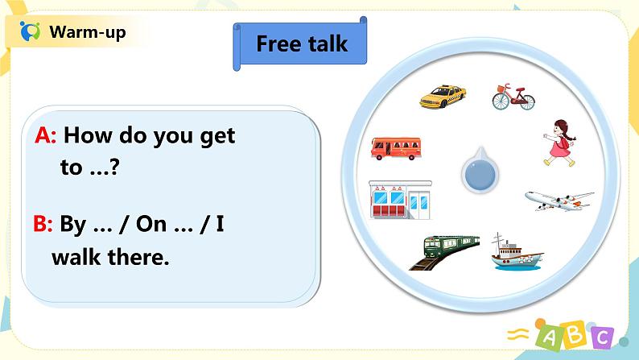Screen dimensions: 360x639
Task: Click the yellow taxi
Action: click(x=442, y=97)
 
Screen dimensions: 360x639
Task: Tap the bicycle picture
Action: click(x=513, y=97)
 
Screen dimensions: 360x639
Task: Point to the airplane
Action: click(x=559, y=200)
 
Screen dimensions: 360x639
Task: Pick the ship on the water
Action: click(x=516, y=254)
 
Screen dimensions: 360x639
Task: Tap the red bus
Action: click(x=396, y=147)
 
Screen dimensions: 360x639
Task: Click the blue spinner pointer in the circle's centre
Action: click(x=481, y=172)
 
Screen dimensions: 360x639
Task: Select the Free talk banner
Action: click(x=301, y=43)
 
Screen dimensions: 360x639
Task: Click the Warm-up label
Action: click(x=87, y=32)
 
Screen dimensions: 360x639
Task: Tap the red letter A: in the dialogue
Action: click(x=45, y=135)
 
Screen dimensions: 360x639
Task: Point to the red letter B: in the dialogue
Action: click(x=43, y=225)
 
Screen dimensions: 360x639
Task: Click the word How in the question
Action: click(x=85, y=135)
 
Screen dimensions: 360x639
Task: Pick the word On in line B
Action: click(x=150, y=225)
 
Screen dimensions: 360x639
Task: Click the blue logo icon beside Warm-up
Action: click(x=30, y=31)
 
